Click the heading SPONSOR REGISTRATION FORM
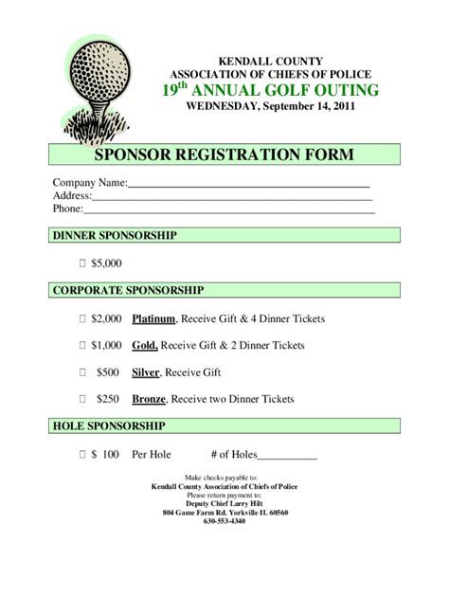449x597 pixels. pyautogui.click(x=223, y=154)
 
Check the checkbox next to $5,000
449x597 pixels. pyautogui.click(x=82, y=263)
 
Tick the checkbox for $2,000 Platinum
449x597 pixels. pyautogui.click(x=82, y=320)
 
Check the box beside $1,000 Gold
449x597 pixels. pyautogui.click(x=82, y=347)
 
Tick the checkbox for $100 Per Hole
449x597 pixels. pyautogui.click(x=82, y=455)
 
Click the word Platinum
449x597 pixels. pyautogui.click(x=153, y=320)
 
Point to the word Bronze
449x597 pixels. pyautogui.click(x=150, y=400)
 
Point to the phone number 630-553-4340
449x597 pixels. pyautogui.click(x=224, y=521)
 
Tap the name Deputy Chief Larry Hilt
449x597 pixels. pyautogui.click(x=224, y=503)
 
